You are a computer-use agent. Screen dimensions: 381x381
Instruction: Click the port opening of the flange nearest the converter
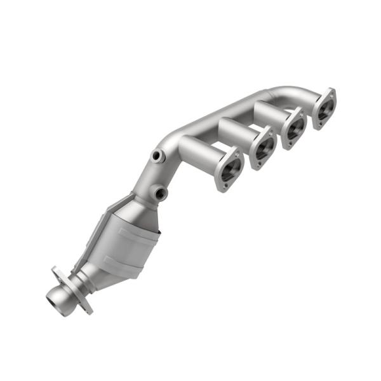[x=229, y=169]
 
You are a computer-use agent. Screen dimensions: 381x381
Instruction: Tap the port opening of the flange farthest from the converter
[x=324, y=109]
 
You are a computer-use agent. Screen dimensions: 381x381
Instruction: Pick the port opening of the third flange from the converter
[x=294, y=128]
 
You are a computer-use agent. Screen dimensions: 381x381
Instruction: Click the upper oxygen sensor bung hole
[x=156, y=155]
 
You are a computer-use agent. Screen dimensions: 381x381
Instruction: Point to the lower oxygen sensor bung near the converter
[x=161, y=192]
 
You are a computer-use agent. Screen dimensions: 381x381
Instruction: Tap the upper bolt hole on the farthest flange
[x=330, y=93]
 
